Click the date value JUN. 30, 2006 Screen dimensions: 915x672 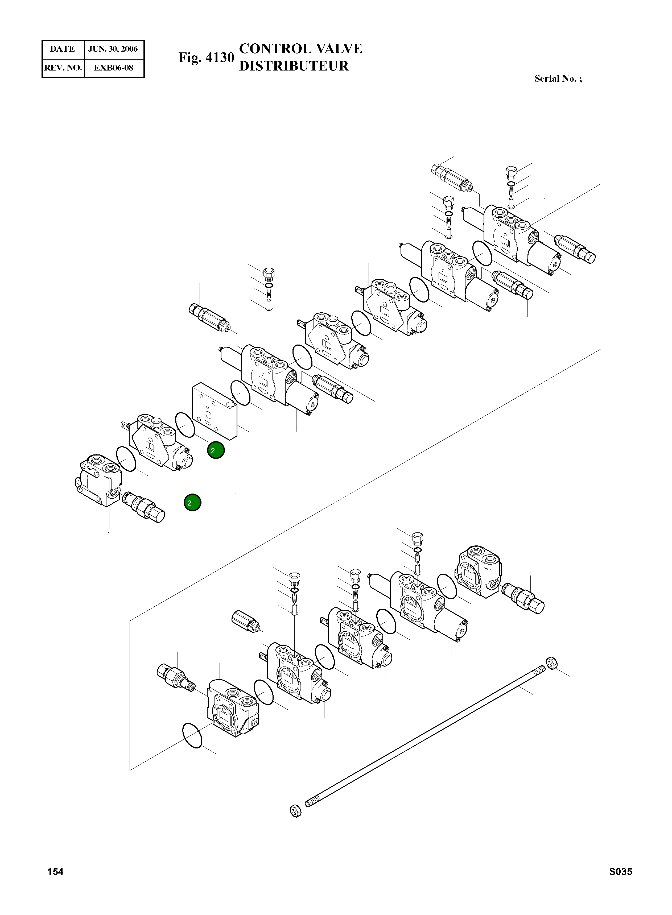113,49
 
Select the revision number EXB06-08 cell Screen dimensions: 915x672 113,68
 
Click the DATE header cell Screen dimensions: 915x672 62,49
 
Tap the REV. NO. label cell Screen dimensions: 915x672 63,68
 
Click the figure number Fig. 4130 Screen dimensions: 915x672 206,57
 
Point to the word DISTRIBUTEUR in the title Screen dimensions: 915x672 294,66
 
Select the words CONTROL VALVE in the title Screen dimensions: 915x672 300,49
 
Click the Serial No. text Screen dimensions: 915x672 558,79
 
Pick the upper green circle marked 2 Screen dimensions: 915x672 216,450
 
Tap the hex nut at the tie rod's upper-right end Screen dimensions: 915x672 552,663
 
